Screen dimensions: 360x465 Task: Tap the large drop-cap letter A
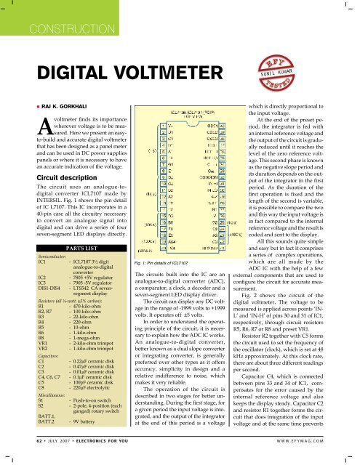[45, 144]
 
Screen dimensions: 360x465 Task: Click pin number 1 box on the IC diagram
[174, 125]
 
